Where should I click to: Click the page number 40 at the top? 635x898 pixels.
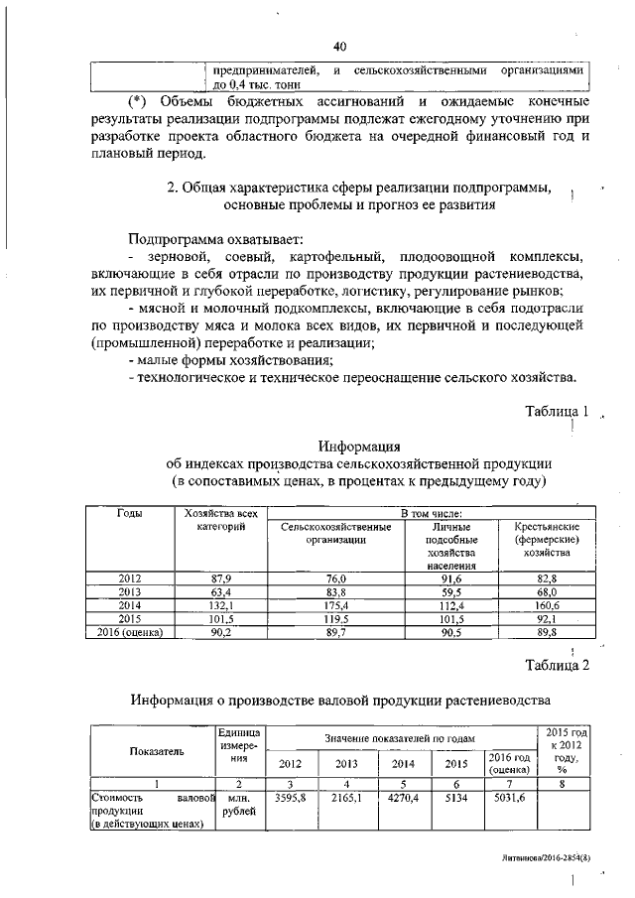click(x=340, y=47)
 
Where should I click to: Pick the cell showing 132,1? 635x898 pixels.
click(x=221, y=604)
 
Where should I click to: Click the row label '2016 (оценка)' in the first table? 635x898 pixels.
click(x=129, y=631)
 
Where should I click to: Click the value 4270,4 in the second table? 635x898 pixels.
click(x=401, y=797)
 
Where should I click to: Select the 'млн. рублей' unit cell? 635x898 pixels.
click(x=242, y=805)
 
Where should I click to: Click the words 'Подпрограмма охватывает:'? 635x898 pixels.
click(x=216, y=239)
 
